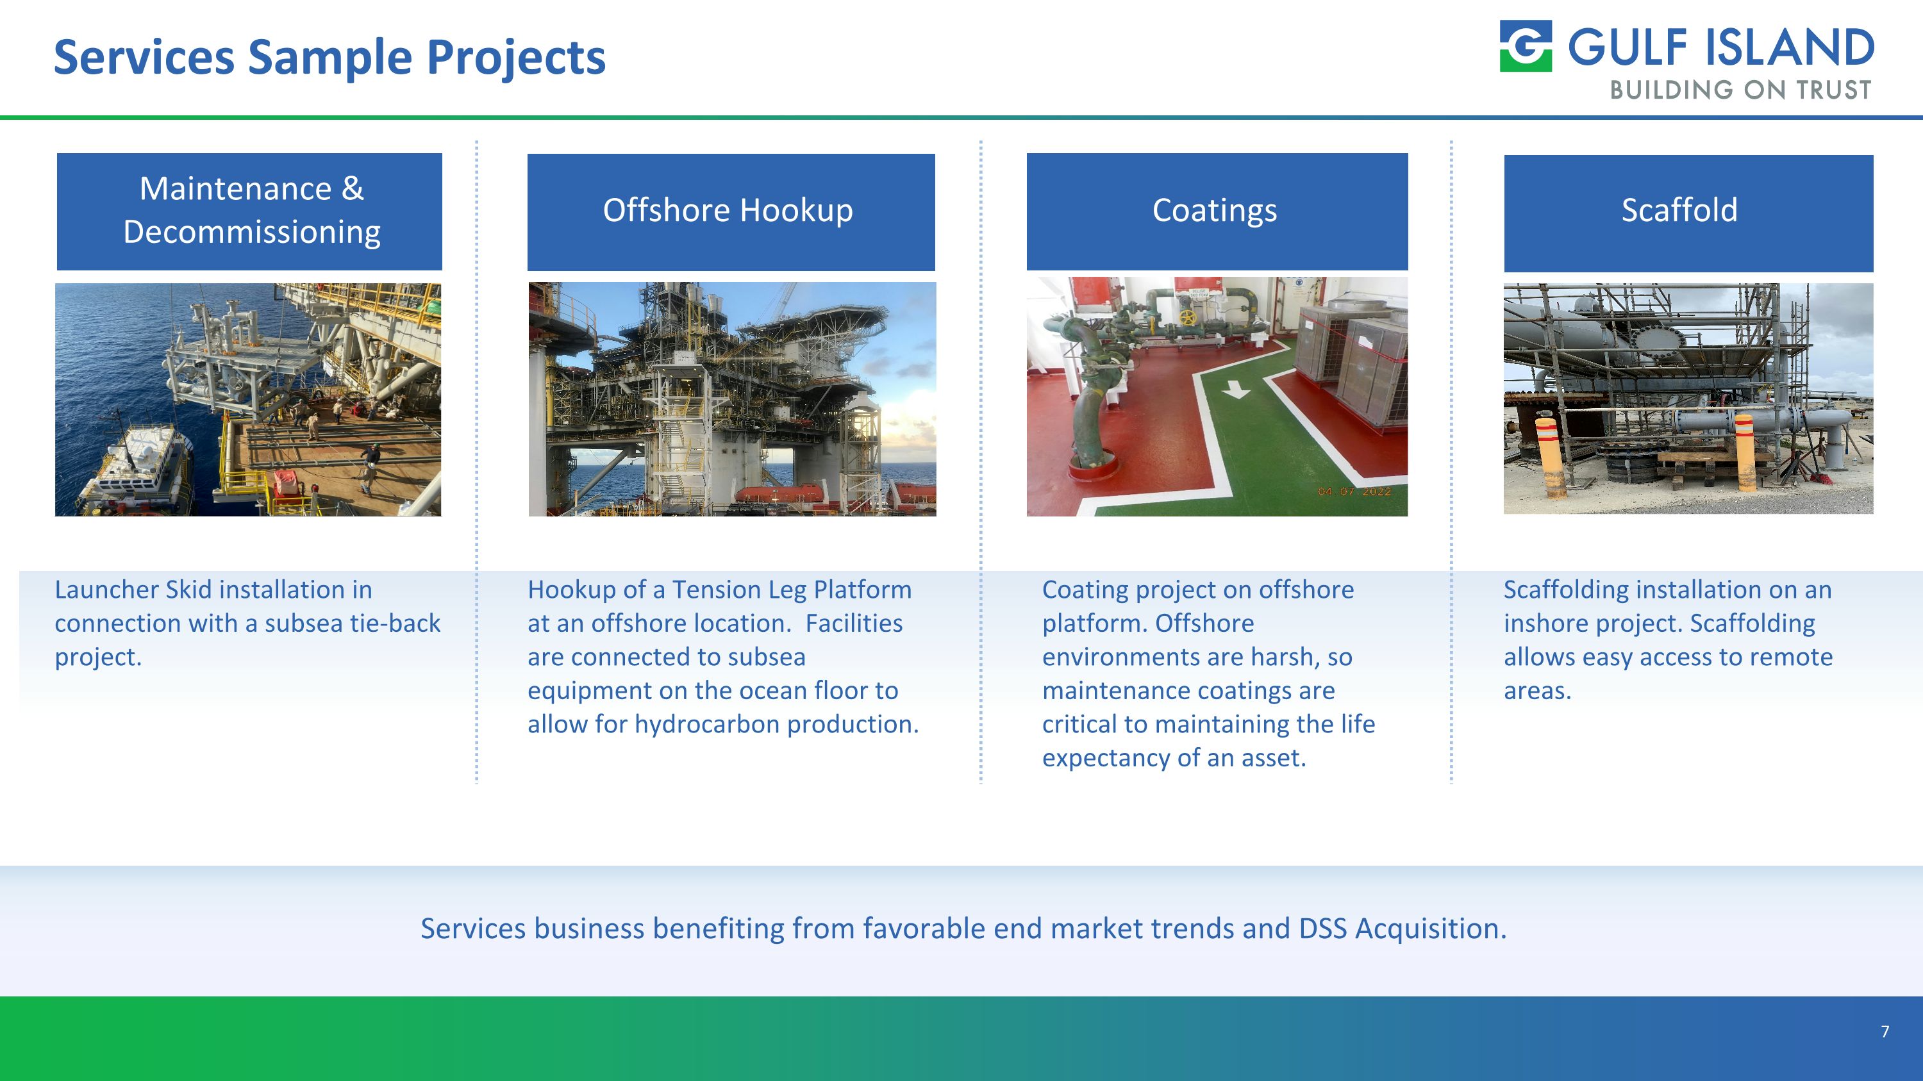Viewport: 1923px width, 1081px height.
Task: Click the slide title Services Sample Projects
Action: tap(329, 58)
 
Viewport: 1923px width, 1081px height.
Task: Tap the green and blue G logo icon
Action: tap(1525, 46)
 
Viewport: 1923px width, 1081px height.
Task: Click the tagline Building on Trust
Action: tap(1740, 90)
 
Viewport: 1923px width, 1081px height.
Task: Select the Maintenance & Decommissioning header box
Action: tap(249, 211)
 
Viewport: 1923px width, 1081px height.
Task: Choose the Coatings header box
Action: tap(1217, 211)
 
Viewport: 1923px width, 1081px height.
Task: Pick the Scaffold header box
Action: tap(1688, 213)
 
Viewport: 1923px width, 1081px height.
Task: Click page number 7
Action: tap(1884, 1032)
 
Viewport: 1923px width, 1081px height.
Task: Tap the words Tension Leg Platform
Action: tap(791, 590)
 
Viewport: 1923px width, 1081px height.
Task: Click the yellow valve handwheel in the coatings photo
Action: tap(1188, 317)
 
